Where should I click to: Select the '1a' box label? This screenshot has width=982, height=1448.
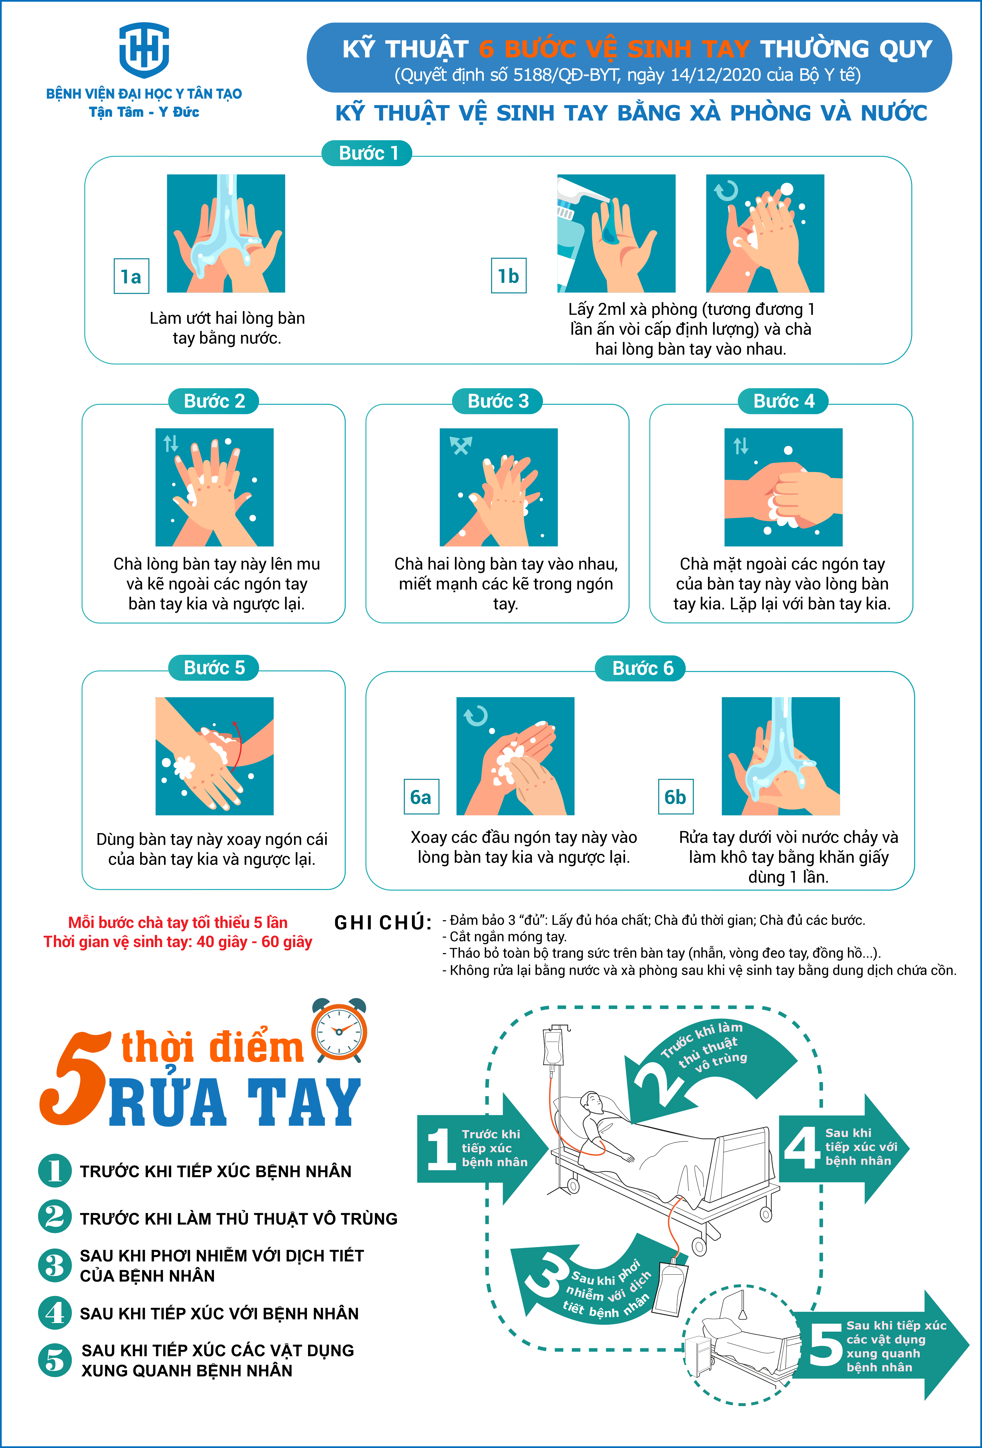131,276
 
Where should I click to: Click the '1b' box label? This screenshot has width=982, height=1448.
508,275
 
